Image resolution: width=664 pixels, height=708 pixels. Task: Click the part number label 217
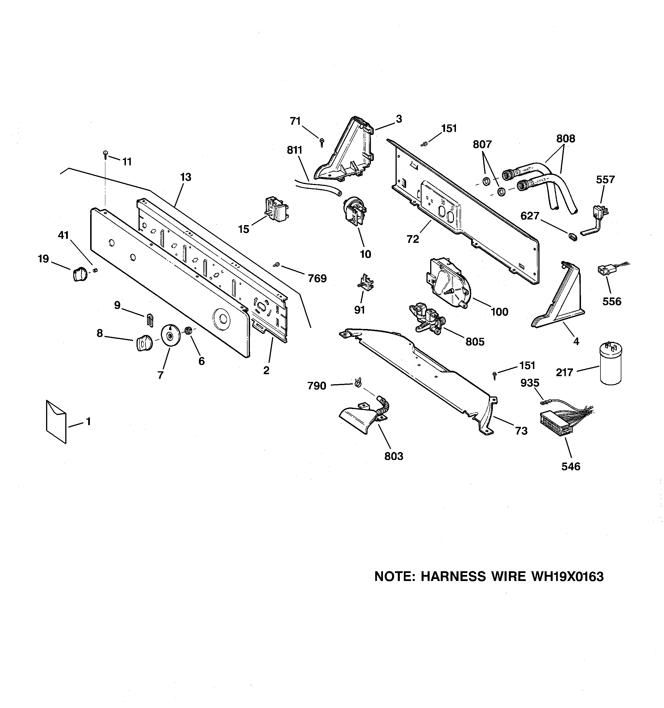(x=564, y=372)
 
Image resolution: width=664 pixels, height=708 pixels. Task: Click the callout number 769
(x=317, y=279)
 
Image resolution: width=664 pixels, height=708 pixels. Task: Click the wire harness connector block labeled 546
(x=556, y=424)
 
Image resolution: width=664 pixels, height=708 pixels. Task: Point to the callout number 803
(x=394, y=456)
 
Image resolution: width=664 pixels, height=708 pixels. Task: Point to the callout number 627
(x=530, y=216)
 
